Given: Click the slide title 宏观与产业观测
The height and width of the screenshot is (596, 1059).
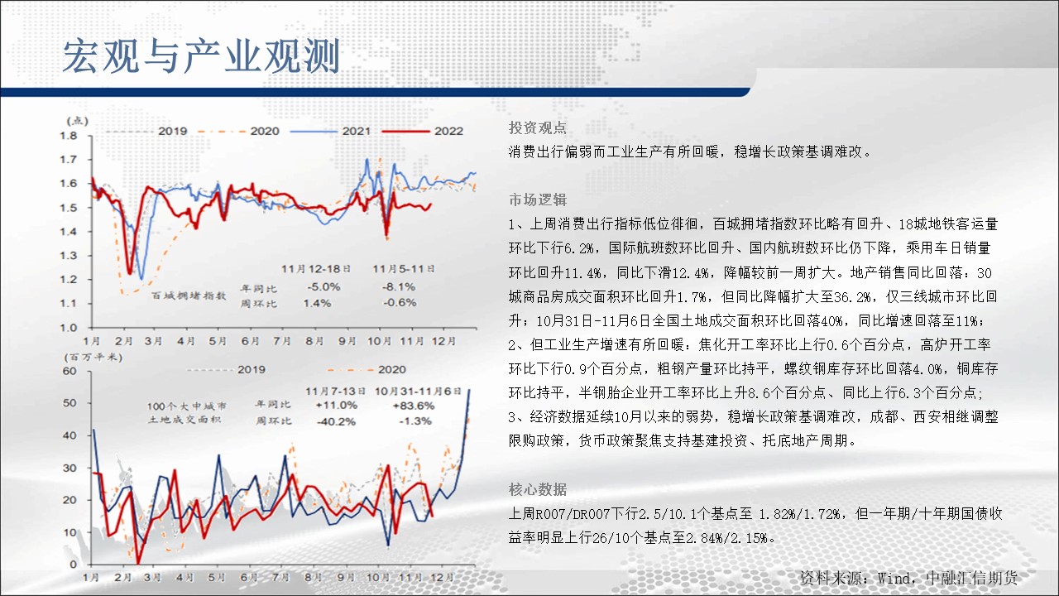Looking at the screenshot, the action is [201, 56].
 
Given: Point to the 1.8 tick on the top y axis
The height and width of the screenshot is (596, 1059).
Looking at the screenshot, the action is [68, 136].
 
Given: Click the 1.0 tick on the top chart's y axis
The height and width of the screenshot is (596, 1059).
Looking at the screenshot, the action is [68, 327].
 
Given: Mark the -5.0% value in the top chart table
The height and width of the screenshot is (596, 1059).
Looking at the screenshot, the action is [323, 286].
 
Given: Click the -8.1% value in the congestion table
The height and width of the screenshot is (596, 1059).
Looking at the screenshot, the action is [399, 286].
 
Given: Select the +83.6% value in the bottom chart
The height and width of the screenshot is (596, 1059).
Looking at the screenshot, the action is [413, 406].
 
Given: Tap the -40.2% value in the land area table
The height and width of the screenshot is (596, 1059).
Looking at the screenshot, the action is [336, 421].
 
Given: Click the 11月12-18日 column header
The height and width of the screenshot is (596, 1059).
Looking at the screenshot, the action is [316, 269].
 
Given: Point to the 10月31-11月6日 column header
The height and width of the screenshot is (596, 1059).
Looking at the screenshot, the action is [418, 392].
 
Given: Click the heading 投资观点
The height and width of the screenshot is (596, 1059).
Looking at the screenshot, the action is [538, 127].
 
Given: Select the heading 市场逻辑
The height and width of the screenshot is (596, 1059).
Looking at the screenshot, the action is [538, 199].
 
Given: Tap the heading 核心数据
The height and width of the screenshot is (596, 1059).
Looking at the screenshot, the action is [538, 489].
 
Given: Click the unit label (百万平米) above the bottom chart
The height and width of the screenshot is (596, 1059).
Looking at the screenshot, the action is [93, 357].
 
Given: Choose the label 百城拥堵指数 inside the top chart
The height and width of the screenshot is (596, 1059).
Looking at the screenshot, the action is [189, 296].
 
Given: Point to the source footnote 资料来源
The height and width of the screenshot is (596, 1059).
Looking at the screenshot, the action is [908, 578].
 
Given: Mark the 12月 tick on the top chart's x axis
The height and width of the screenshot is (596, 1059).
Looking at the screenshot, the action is [443, 341].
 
